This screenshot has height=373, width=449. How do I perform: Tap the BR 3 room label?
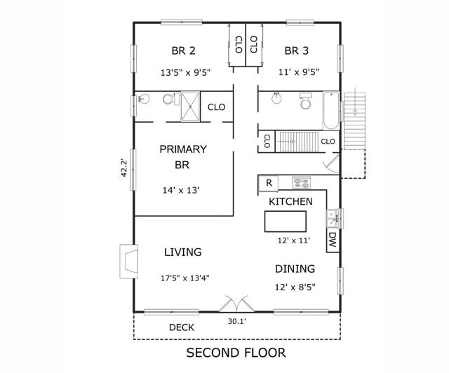[x=297, y=50]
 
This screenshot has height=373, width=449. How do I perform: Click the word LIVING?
[x=182, y=252]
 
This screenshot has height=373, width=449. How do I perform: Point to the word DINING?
[x=294, y=269]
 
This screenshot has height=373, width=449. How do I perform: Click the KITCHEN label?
[x=290, y=201]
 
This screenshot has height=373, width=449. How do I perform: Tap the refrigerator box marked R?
[x=268, y=183]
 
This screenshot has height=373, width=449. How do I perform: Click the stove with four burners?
[x=301, y=182]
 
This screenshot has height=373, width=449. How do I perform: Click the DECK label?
[x=182, y=327]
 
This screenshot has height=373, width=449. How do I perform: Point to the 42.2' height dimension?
[x=124, y=168]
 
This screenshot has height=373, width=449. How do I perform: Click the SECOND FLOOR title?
[x=236, y=352]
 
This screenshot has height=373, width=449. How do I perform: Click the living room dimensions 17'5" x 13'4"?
[x=185, y=278]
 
